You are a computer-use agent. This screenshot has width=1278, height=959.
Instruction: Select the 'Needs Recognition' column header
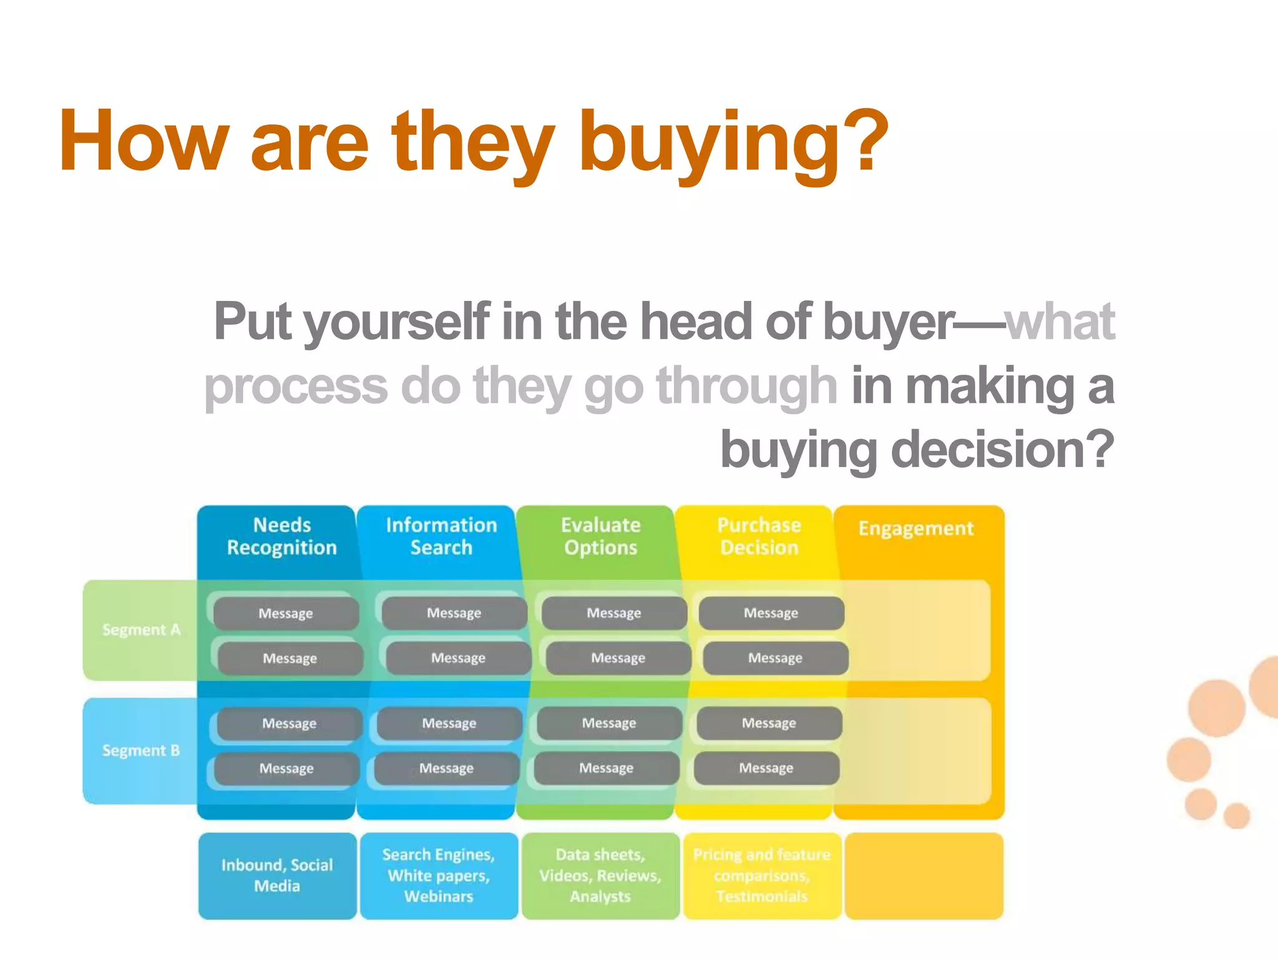point(282,536)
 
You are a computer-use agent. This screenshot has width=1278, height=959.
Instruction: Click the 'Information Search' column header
point(441,536)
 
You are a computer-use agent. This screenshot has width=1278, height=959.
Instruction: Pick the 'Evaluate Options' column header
point(600,536)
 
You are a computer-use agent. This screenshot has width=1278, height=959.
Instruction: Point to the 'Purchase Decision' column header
point(759,536)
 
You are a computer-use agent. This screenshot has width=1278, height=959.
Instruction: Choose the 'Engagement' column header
point(915,529)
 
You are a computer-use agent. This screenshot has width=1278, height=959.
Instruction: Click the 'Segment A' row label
point(141,630)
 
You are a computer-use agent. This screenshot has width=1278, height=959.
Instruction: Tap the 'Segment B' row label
point(141,750)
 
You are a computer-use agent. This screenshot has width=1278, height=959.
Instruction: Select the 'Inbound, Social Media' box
point(277,875)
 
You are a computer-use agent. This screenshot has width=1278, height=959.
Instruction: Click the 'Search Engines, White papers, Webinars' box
point(439,875)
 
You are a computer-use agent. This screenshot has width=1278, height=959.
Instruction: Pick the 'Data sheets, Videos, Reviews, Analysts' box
point(600,875)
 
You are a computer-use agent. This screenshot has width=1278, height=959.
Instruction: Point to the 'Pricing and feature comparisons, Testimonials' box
point(762,875)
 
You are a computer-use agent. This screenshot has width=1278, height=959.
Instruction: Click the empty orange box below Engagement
point(924,875)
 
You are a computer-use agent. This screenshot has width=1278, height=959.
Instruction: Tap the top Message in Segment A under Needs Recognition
point(286,613)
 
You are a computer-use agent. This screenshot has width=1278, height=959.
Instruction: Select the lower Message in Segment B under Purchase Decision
point(766,768)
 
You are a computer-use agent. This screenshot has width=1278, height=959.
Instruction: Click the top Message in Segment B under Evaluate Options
point(609,723)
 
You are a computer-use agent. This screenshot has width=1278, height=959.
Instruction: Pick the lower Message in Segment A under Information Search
point(458,658)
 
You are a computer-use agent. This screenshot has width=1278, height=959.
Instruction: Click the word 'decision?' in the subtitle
point(1002,450)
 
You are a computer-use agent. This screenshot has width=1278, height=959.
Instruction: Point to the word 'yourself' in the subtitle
point(397,322)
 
